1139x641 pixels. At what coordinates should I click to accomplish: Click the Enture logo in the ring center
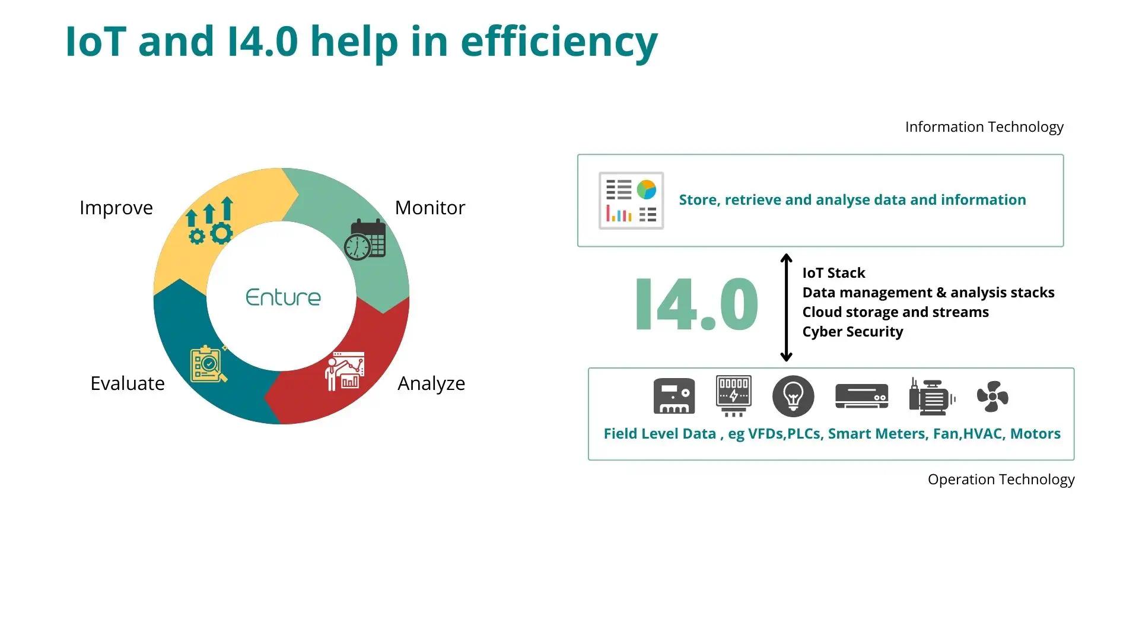(283, 297)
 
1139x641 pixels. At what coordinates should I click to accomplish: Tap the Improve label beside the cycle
(116, 208)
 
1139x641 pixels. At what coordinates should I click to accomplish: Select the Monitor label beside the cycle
(429, 208)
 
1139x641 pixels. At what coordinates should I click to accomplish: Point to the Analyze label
(431, 383)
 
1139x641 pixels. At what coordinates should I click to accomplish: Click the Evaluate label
(128, 383)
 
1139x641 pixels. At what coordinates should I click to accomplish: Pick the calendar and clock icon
(365, 240)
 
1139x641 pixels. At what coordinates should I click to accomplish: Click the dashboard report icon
(631, 201)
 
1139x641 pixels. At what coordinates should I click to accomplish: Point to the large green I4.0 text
(696, 304)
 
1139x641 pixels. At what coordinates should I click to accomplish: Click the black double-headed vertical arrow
(786, 307)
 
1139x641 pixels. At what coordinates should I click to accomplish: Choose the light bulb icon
(793, 396)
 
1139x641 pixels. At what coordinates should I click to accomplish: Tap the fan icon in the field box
(992, 396)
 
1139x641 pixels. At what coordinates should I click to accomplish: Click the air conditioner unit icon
(861, 396)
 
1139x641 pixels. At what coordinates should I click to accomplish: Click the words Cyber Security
(852, 332)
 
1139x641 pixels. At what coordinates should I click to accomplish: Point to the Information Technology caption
(984, 127)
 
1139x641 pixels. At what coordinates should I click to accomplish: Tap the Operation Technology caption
(1001, 480)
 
